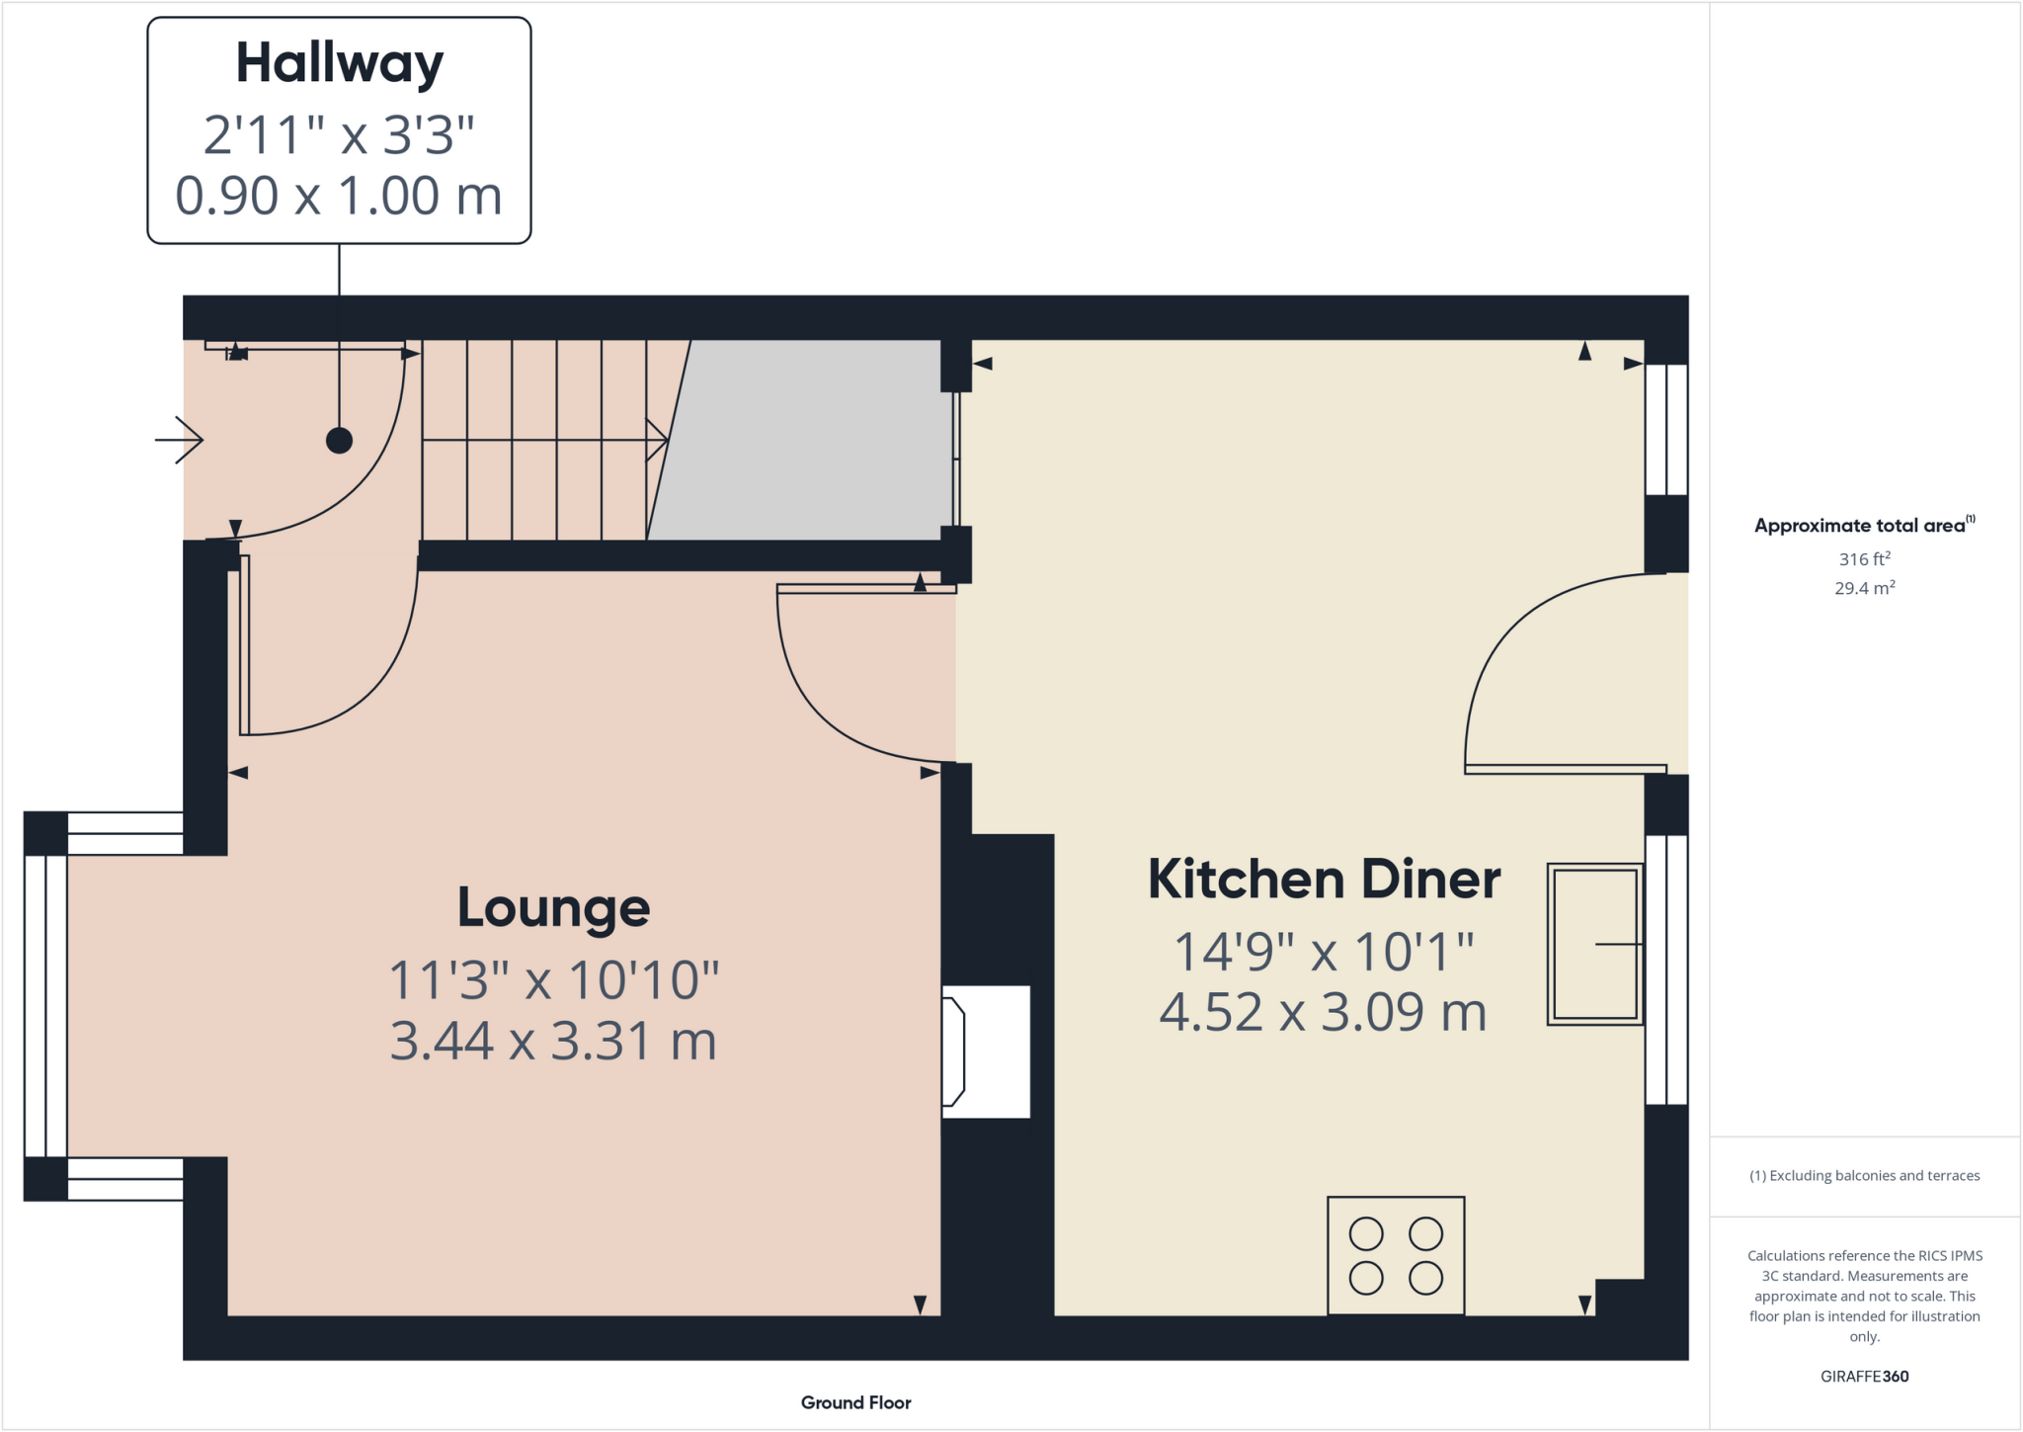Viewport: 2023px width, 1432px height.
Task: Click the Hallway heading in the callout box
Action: point(339,64)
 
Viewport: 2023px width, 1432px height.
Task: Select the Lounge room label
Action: point(553,907)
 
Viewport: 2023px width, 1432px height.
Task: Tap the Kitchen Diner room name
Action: point(1324,879)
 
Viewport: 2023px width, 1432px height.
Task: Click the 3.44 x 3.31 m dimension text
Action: point(553,1041)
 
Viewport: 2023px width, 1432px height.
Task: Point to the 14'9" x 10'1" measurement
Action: point(1324,952)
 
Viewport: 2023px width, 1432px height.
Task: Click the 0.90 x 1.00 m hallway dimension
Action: point(339,195)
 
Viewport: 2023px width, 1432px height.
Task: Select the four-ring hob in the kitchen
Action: point(1396,1255)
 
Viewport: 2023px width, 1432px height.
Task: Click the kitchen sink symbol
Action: point(1594,944)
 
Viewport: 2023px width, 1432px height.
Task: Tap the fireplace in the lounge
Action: point(985,1052)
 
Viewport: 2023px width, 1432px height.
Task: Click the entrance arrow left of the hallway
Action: point(180,440)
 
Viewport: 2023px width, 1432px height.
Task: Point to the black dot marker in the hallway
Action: point(339,440)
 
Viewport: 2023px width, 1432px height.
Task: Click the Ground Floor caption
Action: point(855,1402)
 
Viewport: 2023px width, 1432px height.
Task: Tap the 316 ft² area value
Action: point(1864,558)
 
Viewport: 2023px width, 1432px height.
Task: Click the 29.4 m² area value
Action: point(1864,588)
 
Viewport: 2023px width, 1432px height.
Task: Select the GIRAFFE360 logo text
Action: point(1864,1376)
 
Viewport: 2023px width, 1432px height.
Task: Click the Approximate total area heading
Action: point(1862,525)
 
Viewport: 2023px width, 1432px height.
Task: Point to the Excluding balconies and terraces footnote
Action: point(1864,1175)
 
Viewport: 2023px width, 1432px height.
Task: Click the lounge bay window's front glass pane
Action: point(45,1005)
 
